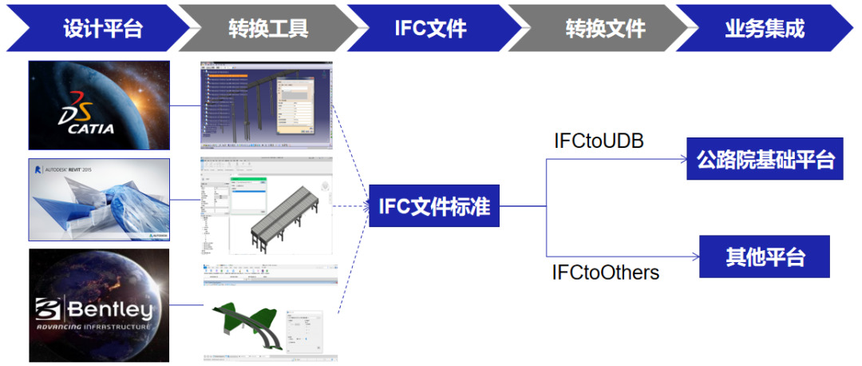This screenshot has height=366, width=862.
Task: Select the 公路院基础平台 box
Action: pyautogui.click(x=765, y=159)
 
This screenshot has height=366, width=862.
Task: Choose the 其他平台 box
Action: pyautogui.click(x=764, y=257)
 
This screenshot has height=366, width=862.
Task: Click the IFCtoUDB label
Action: pyautogui.click(x=599, y=141)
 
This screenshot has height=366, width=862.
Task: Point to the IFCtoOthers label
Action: pyautogui.click(x=606, y=273)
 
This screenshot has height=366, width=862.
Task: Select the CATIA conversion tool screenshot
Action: pyautogui.click(x=266, y=105)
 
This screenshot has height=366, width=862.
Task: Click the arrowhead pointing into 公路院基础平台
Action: pyautogui.click(x=682, y=160)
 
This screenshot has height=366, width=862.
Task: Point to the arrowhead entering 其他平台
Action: pyautogui.click(x=695, y=257)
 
